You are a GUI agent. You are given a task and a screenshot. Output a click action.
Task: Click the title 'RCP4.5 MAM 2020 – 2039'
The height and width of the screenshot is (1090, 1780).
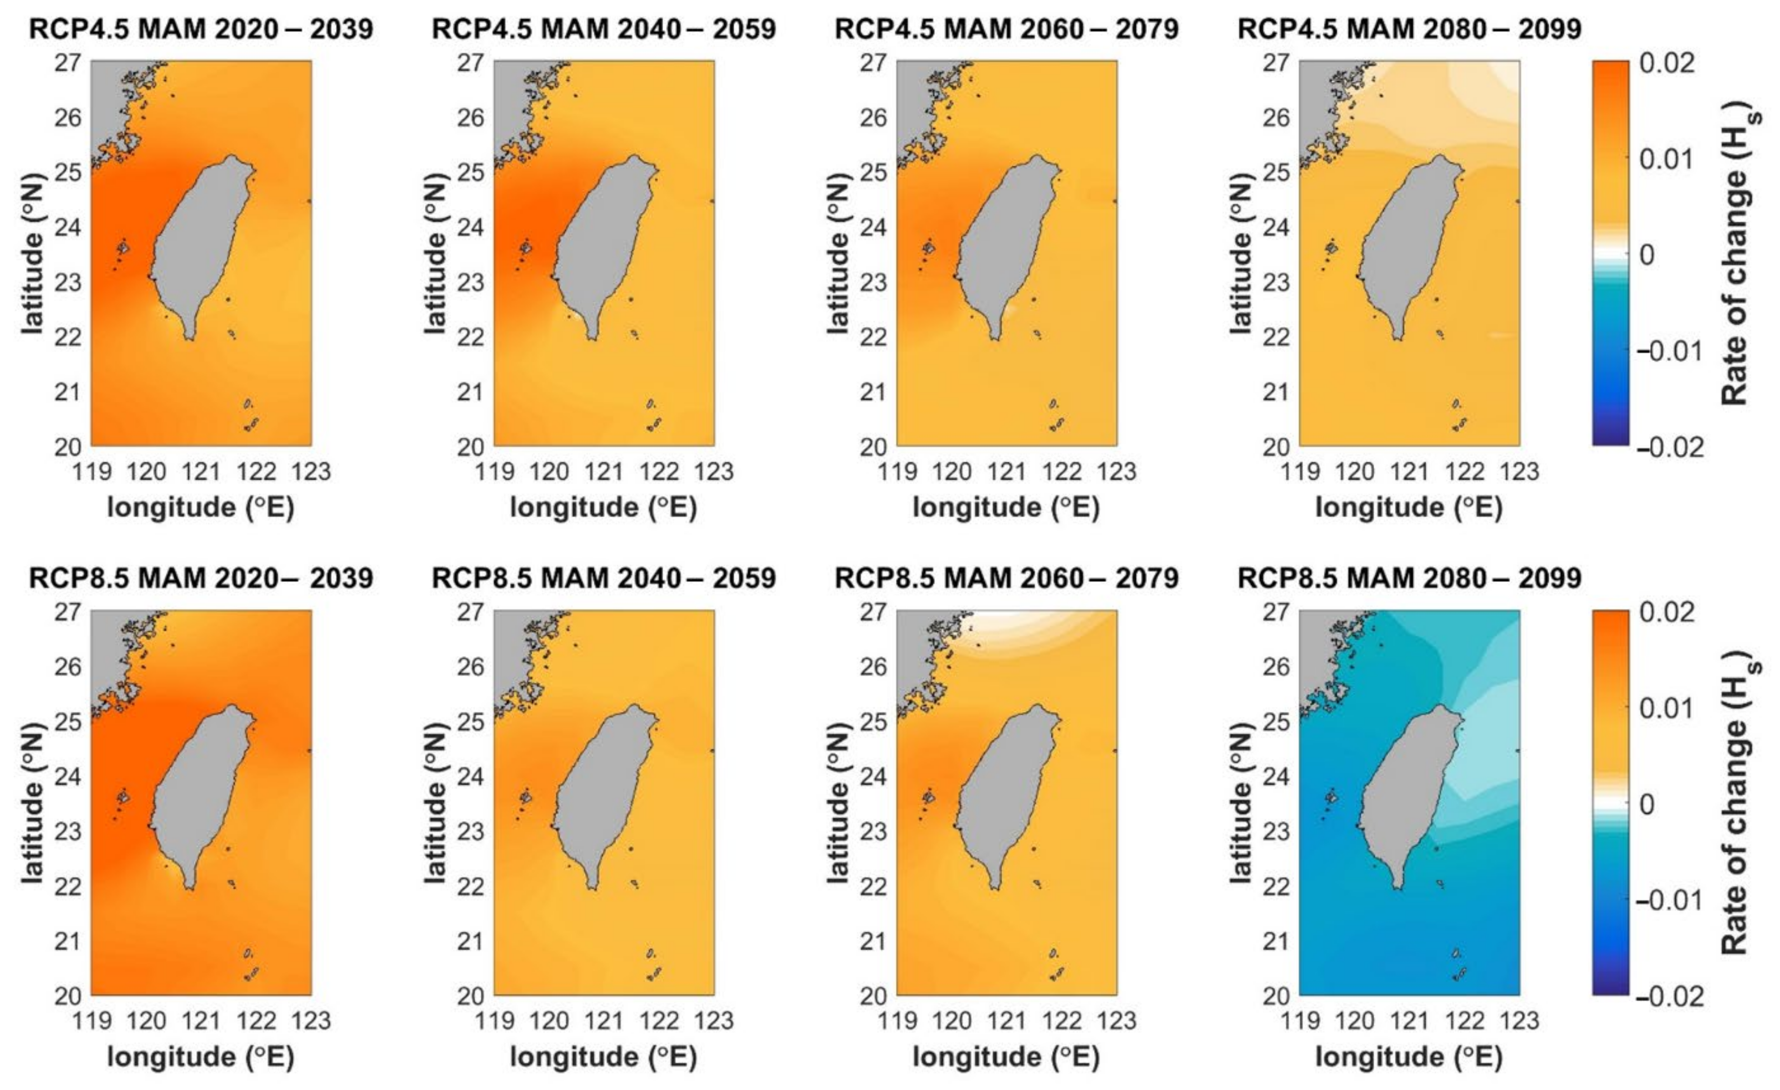[x=201, y=29]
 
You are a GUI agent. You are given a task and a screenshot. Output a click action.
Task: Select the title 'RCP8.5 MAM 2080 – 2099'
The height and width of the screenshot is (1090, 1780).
[x=1410, y=578]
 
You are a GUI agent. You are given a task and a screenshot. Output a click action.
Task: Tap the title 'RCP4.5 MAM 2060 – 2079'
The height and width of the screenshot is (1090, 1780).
[x=1006, y=29]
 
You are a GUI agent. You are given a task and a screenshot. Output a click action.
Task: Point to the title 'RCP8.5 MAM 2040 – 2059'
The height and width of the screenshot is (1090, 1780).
[x=604, y=578]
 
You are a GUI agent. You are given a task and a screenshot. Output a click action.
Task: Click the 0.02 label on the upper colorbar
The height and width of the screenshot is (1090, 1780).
[x=1666, y=63]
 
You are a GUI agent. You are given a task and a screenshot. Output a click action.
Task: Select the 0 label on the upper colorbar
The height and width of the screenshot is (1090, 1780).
[x=1647, y=255]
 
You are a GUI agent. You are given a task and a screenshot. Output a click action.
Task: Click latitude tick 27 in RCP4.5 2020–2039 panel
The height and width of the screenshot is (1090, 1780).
[x=68, y=63]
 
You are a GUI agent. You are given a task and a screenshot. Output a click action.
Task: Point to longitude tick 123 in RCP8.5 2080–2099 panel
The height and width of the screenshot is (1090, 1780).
[x=1519, y=1020]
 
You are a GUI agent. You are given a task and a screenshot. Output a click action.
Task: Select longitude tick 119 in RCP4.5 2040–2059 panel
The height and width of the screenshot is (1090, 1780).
[x=495, y=471]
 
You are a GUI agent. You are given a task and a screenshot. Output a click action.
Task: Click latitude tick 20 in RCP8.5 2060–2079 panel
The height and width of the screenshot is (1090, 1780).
[x=874, y=996]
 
